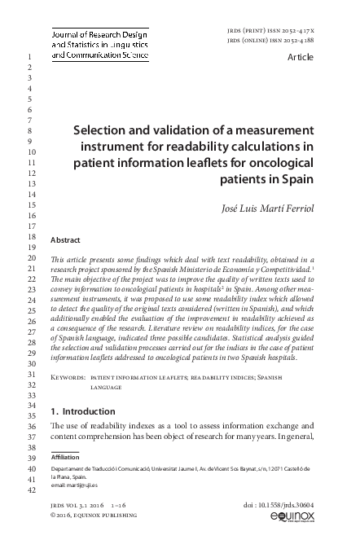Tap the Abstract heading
pos(65,240)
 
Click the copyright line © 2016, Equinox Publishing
pos(90,516)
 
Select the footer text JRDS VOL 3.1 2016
pos(77,505)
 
